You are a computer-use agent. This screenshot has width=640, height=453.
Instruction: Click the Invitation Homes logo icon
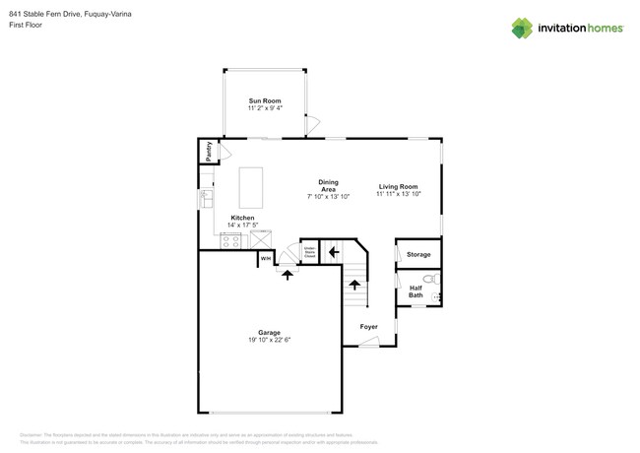(522, 28)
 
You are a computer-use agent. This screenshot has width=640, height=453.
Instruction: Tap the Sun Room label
(264, 100)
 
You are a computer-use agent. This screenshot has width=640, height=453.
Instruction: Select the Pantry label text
(209, 152)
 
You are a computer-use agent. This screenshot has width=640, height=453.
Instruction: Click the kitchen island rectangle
(251, 184)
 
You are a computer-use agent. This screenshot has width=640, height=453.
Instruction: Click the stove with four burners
(231, 239)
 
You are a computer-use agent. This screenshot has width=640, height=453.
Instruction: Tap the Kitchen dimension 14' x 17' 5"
(242, 226)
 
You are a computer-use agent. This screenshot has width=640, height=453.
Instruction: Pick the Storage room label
(418, 255)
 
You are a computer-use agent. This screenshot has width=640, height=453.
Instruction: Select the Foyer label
(368, 326)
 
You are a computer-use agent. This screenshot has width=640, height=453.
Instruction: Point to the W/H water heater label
(266, 258)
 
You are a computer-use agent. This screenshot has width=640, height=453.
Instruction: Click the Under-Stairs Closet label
(309, 252)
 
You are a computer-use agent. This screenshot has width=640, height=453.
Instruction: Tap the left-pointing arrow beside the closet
(334, 252)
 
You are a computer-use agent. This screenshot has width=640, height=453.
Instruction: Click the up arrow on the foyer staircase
(354, 286)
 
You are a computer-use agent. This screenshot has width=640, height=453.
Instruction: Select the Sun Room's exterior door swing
(313, 124)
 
